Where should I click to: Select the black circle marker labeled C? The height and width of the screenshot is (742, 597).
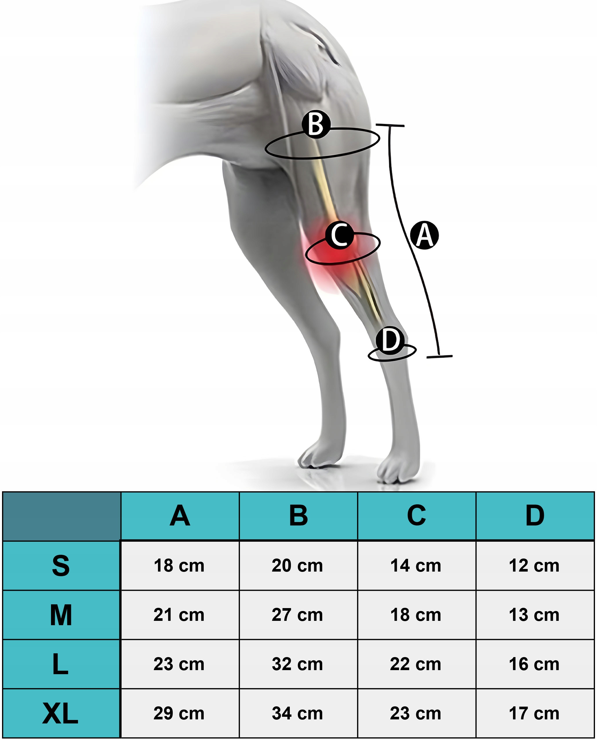pos(340,235)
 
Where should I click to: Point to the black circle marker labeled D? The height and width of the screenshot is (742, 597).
pos(390,340)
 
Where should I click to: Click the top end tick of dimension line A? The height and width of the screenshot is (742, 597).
pos(390,126)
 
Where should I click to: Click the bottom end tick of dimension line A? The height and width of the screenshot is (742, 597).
pos(439,357)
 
